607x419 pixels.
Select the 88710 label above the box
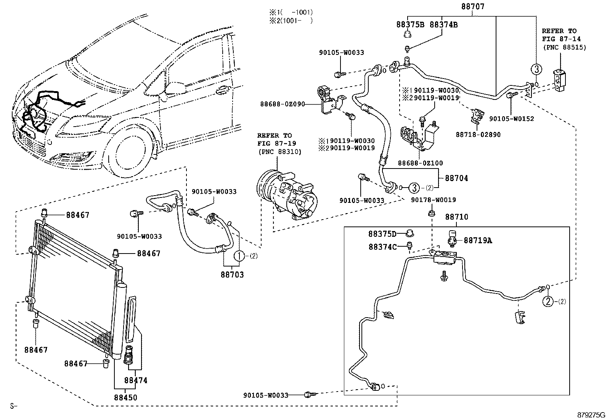[x=457, y=217]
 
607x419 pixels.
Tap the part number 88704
[x=457, y=178]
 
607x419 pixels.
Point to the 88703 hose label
[x=232, y=275]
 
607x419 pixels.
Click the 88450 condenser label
[x=125, y=397]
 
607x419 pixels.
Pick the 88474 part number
[x=136, y=380]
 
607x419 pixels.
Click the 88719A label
[x=478, y=240]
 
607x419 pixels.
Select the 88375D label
[x=382, y=234]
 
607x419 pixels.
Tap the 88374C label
[x=382, y=247]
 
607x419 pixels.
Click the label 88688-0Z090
[x=283, y=104]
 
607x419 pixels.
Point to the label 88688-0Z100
[x=421, y=163]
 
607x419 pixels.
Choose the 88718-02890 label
[x=478, y=135]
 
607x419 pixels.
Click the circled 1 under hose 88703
[x=239, y=256]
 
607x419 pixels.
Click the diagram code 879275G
[x=591, y=415]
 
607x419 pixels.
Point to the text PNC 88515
[x=564, y=47]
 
